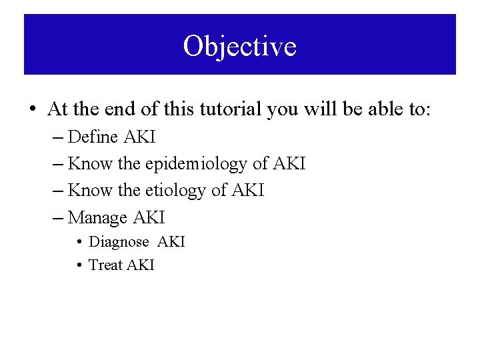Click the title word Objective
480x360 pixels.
[x=240, y=47]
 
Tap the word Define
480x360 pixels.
[x=93, y=137]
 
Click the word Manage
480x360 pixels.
[x=98, y=218]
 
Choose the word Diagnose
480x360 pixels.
[x=119, y=242]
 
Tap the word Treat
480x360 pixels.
[x=106, y=265]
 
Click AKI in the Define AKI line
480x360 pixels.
[x=139, y=137]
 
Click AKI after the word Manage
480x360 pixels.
[x=149, y=218]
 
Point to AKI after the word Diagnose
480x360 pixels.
[x=171, y=242]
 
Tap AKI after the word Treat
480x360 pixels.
[x=140, y=265]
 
